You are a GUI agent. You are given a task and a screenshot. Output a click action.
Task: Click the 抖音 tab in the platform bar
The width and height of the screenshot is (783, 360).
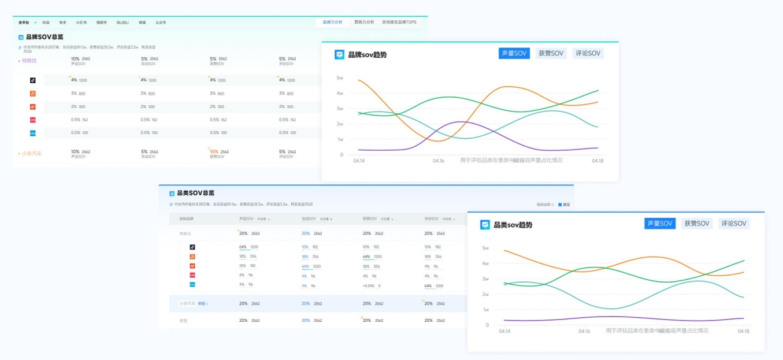pos(46,23)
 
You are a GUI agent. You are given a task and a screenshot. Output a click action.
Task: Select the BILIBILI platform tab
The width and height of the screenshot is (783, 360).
pos(123,23)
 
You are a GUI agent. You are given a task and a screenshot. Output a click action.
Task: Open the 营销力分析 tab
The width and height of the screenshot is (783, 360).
pos(364,23)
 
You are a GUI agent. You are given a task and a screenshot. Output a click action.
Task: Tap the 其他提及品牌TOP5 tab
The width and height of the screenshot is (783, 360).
pos(399,23)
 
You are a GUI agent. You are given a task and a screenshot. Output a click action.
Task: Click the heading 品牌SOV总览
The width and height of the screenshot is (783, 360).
pos(44,37)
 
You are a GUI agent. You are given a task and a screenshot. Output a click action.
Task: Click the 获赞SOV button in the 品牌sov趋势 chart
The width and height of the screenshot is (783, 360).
pos(551,54)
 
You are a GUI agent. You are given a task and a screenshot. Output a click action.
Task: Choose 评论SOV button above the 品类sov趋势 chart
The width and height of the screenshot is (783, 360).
pos(734,224)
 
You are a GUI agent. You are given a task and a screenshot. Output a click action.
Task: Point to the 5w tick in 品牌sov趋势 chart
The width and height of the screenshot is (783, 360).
pos(340,77)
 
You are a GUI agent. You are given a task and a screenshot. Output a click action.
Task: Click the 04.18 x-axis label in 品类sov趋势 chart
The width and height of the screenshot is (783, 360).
pos(743,331)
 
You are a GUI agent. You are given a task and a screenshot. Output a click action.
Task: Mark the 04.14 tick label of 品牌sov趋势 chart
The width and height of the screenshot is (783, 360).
pos(359,161)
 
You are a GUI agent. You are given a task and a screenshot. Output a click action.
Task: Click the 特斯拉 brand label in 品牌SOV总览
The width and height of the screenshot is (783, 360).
pos(29,60)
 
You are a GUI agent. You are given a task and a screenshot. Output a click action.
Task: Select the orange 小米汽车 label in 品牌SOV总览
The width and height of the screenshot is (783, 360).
pos(31,154)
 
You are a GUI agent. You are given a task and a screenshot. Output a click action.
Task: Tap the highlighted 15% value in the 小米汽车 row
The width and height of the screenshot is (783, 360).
pos(214,151)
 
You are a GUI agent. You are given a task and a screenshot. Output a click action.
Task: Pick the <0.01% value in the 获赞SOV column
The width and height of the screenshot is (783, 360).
pos(369,285)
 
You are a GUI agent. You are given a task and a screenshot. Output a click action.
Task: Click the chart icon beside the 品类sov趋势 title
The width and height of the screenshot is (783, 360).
pos(485,225)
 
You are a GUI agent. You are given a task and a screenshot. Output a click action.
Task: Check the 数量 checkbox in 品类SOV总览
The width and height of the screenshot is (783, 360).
pos(560,205)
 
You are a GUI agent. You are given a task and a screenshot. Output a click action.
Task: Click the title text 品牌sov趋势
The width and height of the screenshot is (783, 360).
pos(367,55)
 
